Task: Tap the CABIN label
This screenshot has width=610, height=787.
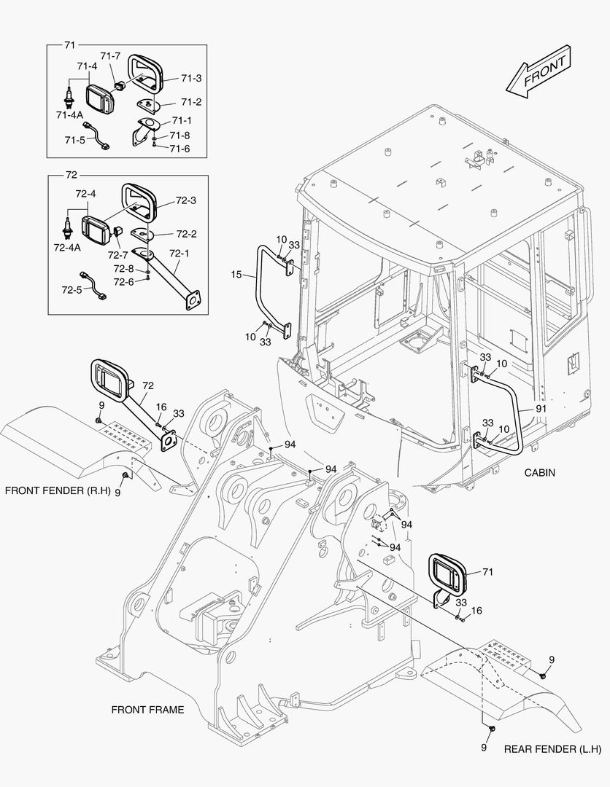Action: (539, 473)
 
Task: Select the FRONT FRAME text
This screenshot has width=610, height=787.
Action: (147, 709)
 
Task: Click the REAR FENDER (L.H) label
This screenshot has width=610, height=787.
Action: (552, 749)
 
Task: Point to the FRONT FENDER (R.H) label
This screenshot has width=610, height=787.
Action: (58, 490)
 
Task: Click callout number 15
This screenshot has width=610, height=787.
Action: (235, 275)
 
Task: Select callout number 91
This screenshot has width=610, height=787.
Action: (541, 409)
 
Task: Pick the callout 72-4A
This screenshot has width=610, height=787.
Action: (68, 247)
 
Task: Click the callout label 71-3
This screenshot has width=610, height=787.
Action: (191, 78)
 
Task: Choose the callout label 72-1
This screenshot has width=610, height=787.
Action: (179, 254)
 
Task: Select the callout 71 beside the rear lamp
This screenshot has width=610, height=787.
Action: (487, 572)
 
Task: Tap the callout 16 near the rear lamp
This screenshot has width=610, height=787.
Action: (476, 610)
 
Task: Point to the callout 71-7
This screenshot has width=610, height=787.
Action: (110, 56)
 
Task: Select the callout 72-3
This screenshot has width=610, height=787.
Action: (186, 200)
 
